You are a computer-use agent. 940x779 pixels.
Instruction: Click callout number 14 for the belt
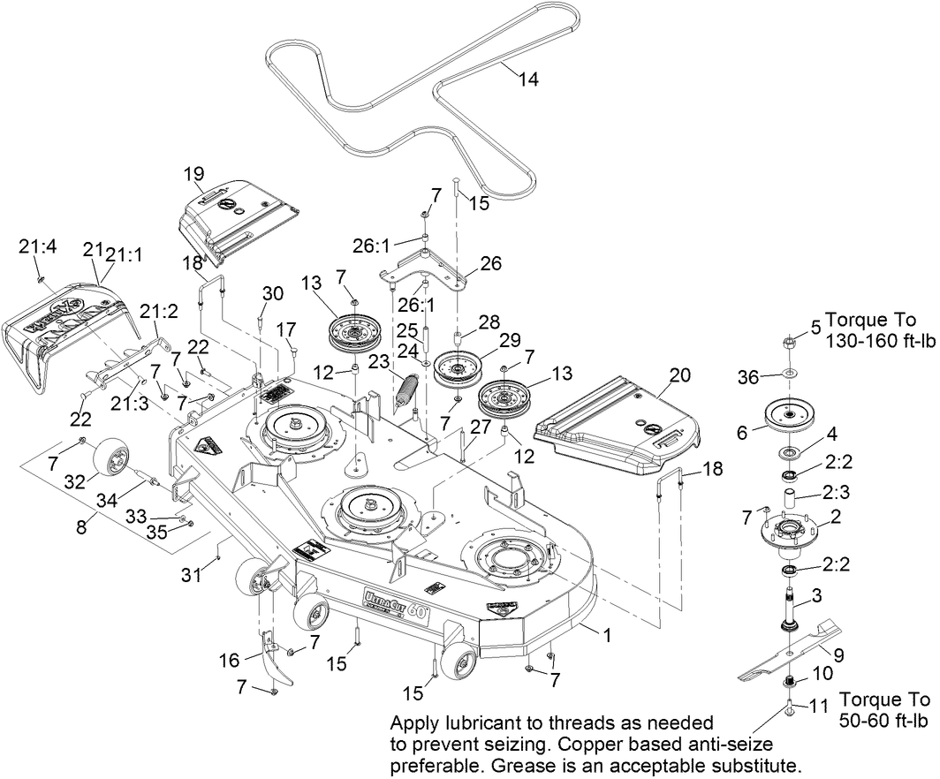(x=527, y=79)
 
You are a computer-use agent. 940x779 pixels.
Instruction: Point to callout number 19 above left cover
(x=193, y=173)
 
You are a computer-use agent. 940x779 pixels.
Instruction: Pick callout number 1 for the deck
(x=606, y=634)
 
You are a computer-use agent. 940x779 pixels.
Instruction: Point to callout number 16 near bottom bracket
(x=229, y=661)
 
